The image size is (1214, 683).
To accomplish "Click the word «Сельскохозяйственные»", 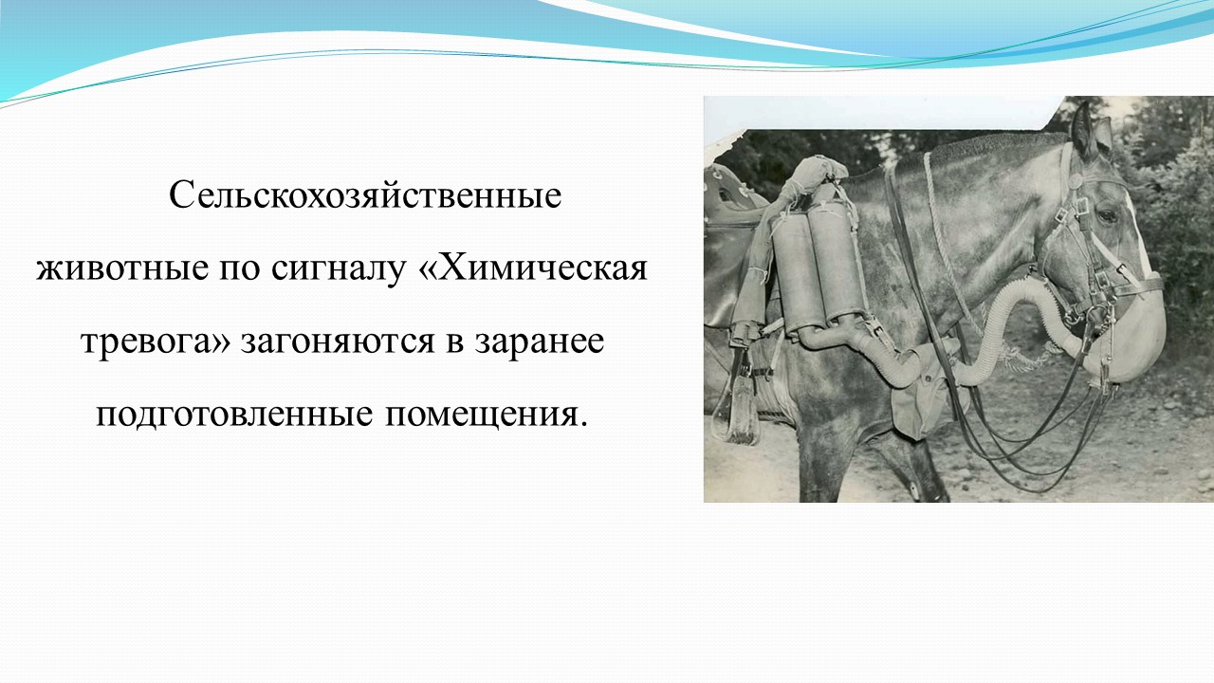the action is (365, 195).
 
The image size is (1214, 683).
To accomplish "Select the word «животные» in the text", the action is (122, 268).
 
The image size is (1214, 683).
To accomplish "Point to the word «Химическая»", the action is (533, 267).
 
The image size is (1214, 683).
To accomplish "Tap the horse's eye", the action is (1107, 216).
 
